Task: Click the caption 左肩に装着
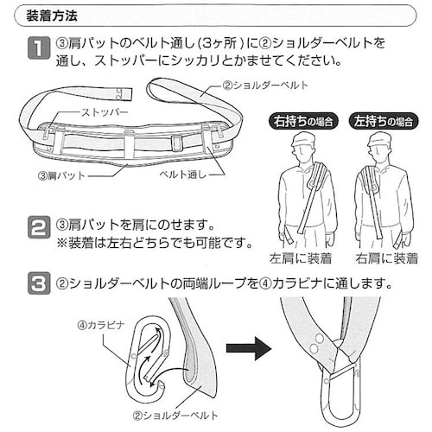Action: click(302, 257)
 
